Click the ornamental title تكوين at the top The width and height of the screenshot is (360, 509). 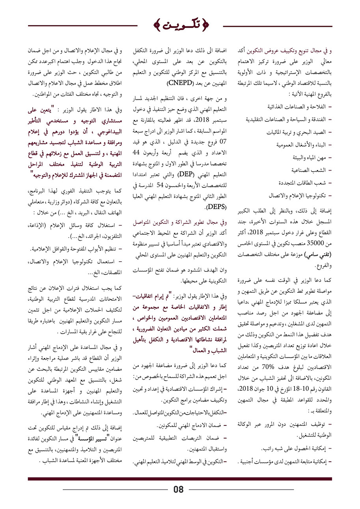tap(180, 26)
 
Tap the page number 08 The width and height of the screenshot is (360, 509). tap(179, 490)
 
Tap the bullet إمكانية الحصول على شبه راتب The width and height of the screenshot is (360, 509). tap(293, 449)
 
